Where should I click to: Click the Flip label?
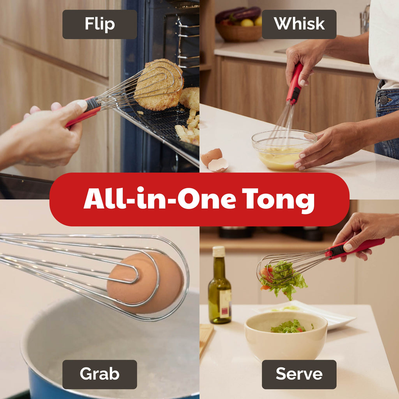[99, 24]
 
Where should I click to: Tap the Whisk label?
[299, 24]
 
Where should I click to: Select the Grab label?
[99, 374]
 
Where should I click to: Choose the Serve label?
[299, 374]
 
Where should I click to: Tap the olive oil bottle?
[219, 292]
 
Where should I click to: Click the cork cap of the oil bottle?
[219, 251]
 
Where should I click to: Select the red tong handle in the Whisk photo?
[295, 84]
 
